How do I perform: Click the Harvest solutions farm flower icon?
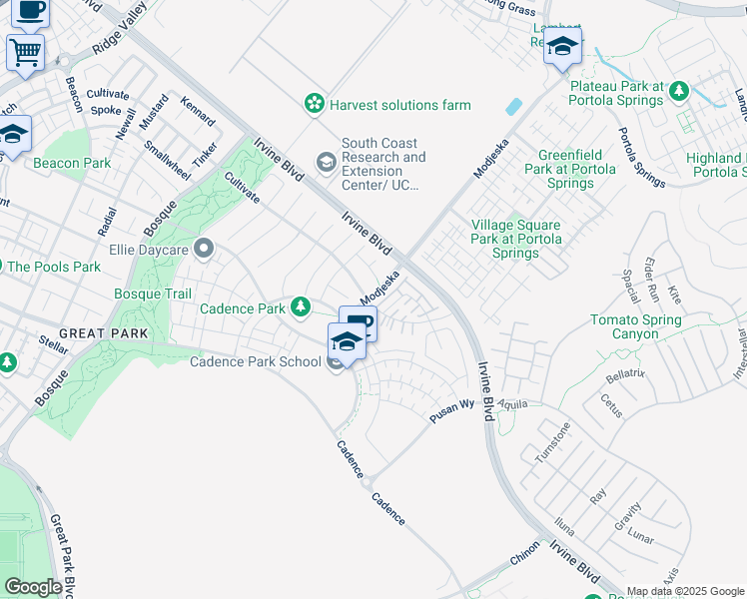tap(315, 104)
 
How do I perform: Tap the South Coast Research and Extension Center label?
tap(383, 164)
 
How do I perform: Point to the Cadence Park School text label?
tap(256, 361)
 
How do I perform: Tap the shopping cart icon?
tap(25, 51)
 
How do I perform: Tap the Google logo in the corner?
tap(33, 586)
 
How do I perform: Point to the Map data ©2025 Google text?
tap(685, 591)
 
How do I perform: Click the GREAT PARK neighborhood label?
tap(103, 333)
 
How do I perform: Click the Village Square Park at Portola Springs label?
tap(516, 240)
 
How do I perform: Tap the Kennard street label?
tap(197, 111)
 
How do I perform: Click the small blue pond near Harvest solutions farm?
tap(513, 106)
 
